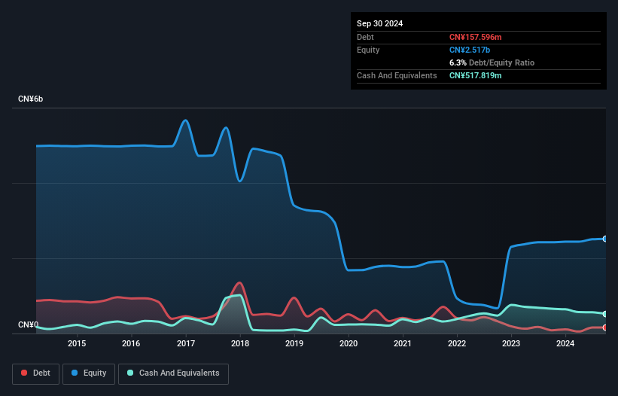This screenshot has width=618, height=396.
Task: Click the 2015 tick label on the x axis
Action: pyautogui.click(x=77, y=344)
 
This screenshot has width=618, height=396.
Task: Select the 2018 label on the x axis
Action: pyautogui.click(x=240, y=344)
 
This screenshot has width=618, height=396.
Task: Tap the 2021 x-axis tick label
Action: pyautogui.click(x=403, y=344)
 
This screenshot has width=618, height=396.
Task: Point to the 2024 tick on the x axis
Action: pyautogui.click(x=565, y=344)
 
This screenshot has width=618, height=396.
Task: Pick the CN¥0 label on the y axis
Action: pyautogui.click(x=29, y=325)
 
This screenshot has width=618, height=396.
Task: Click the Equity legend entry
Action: pyautogui.click(x=89, y=373)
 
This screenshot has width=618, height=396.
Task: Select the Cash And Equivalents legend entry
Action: pyautogui.click(x=173, y=373)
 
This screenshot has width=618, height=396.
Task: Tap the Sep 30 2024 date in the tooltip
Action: pyautogui.click(x=379, y=23)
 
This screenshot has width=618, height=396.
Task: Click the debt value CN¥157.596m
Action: pyautogui.click(x=475, y=37)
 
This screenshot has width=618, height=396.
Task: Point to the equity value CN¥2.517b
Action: pyautogui.click(x=470, y=50)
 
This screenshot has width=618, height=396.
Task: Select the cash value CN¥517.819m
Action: pyautogui.click(x=475, y=75)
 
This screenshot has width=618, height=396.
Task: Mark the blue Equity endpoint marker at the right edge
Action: pyautogui.click(x=605, y=239)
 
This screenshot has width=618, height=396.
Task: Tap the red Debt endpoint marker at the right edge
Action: pyautogui.click(x=605, y=327)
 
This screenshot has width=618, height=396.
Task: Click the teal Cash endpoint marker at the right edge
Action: pyautogui.click(x=605, y=314)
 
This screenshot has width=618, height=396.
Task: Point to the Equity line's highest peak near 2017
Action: pyautogui.click(x=186, y=120)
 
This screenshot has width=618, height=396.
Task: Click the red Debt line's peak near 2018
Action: pyautogui.click(x=239, y=283)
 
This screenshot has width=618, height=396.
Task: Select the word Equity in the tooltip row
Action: pyautogui.click(x=368, y=50)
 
